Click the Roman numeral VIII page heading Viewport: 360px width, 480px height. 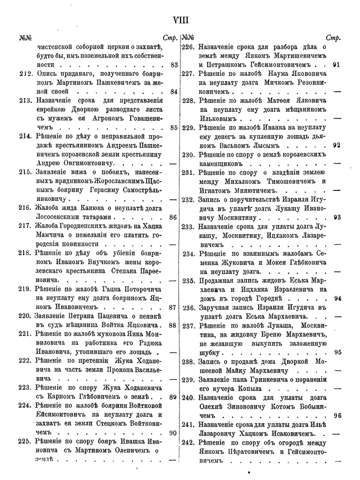(x=181, y=20)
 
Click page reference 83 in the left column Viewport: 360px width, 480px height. (x=174, y=65)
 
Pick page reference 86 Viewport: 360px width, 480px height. (x=174, y=217)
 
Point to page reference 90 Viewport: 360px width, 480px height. (x=174, y=432)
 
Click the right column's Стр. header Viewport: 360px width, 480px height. (x=333, y=38)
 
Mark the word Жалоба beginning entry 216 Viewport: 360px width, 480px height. (x=49, y=208)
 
